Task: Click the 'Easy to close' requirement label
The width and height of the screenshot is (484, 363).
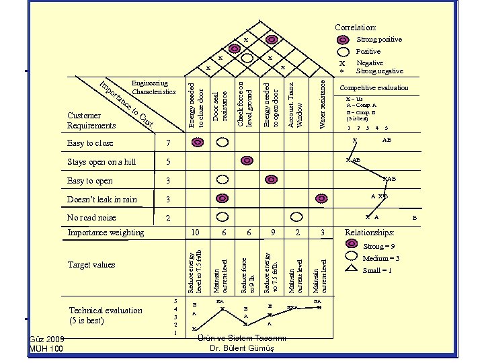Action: (x=91, y=143)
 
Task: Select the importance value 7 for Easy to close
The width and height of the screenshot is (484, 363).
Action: (x=169, y=143)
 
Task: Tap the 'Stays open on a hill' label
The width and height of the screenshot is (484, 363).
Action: (x=102, y=162)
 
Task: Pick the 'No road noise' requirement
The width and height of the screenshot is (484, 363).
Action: (x=91, y=218)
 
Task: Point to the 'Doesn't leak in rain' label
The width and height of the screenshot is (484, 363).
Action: (x=102, y=200)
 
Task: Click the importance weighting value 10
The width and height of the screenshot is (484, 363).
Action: (x=195, y=232)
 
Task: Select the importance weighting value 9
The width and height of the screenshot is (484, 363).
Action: (x=272, y=232)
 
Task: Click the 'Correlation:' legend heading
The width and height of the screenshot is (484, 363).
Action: (x=356, y=28)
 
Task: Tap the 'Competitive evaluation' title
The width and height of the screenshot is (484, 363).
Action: (x=374, y=88)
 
